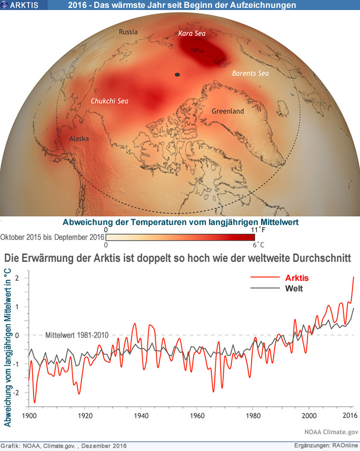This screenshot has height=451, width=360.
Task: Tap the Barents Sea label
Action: click(251, 74)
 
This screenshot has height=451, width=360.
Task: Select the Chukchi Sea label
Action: click(110, 101)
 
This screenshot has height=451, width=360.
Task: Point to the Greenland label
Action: click(227, 112)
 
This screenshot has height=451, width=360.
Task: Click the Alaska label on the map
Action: click(78, 139)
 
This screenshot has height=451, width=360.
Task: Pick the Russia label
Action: click(128, 32)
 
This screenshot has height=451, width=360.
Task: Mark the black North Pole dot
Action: click(178, 75)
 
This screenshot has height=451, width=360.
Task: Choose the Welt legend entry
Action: click(294, 288)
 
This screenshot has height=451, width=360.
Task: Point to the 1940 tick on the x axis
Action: click(141, 415)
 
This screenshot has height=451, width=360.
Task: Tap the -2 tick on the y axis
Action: click(18, 393)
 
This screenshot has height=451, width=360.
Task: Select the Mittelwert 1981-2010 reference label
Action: click(77, 335)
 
